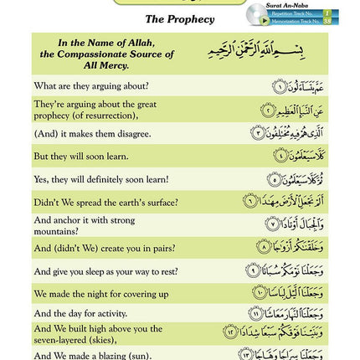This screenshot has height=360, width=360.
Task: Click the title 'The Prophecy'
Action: coord(179,18)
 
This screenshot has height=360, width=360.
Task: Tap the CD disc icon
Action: coord(258,14)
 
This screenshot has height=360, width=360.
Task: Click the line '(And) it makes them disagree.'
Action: coord(93,132)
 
